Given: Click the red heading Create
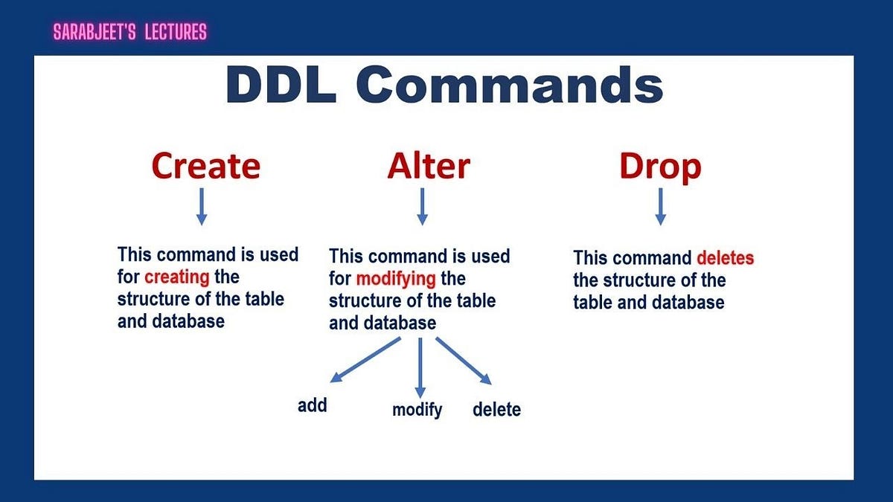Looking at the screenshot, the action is click(206, 165).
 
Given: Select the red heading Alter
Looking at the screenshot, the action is click(429, 165).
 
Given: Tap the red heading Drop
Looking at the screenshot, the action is click(660, 167).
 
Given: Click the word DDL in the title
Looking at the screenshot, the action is click(281, 85).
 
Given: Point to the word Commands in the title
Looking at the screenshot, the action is click(510, 85).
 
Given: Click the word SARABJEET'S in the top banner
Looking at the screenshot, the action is click(95, 32).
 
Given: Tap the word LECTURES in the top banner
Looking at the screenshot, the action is click(176, 32).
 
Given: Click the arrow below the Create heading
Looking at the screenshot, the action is click(202, 207).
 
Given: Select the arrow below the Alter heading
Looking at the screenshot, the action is click(422, 207).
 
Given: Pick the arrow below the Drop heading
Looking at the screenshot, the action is click(661, 207).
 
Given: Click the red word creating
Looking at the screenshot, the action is click(176, 277).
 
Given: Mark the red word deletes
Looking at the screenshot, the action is click(725, 258).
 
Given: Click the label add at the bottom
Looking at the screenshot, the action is click(312, 405).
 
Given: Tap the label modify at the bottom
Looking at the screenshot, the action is click(417, 410).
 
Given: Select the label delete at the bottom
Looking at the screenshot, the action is click(497, 409).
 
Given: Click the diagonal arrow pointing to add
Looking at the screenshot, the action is click(365, 360).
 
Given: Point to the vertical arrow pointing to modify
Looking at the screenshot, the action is click(420, 367).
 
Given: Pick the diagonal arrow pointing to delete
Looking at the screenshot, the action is click(464, 361).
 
